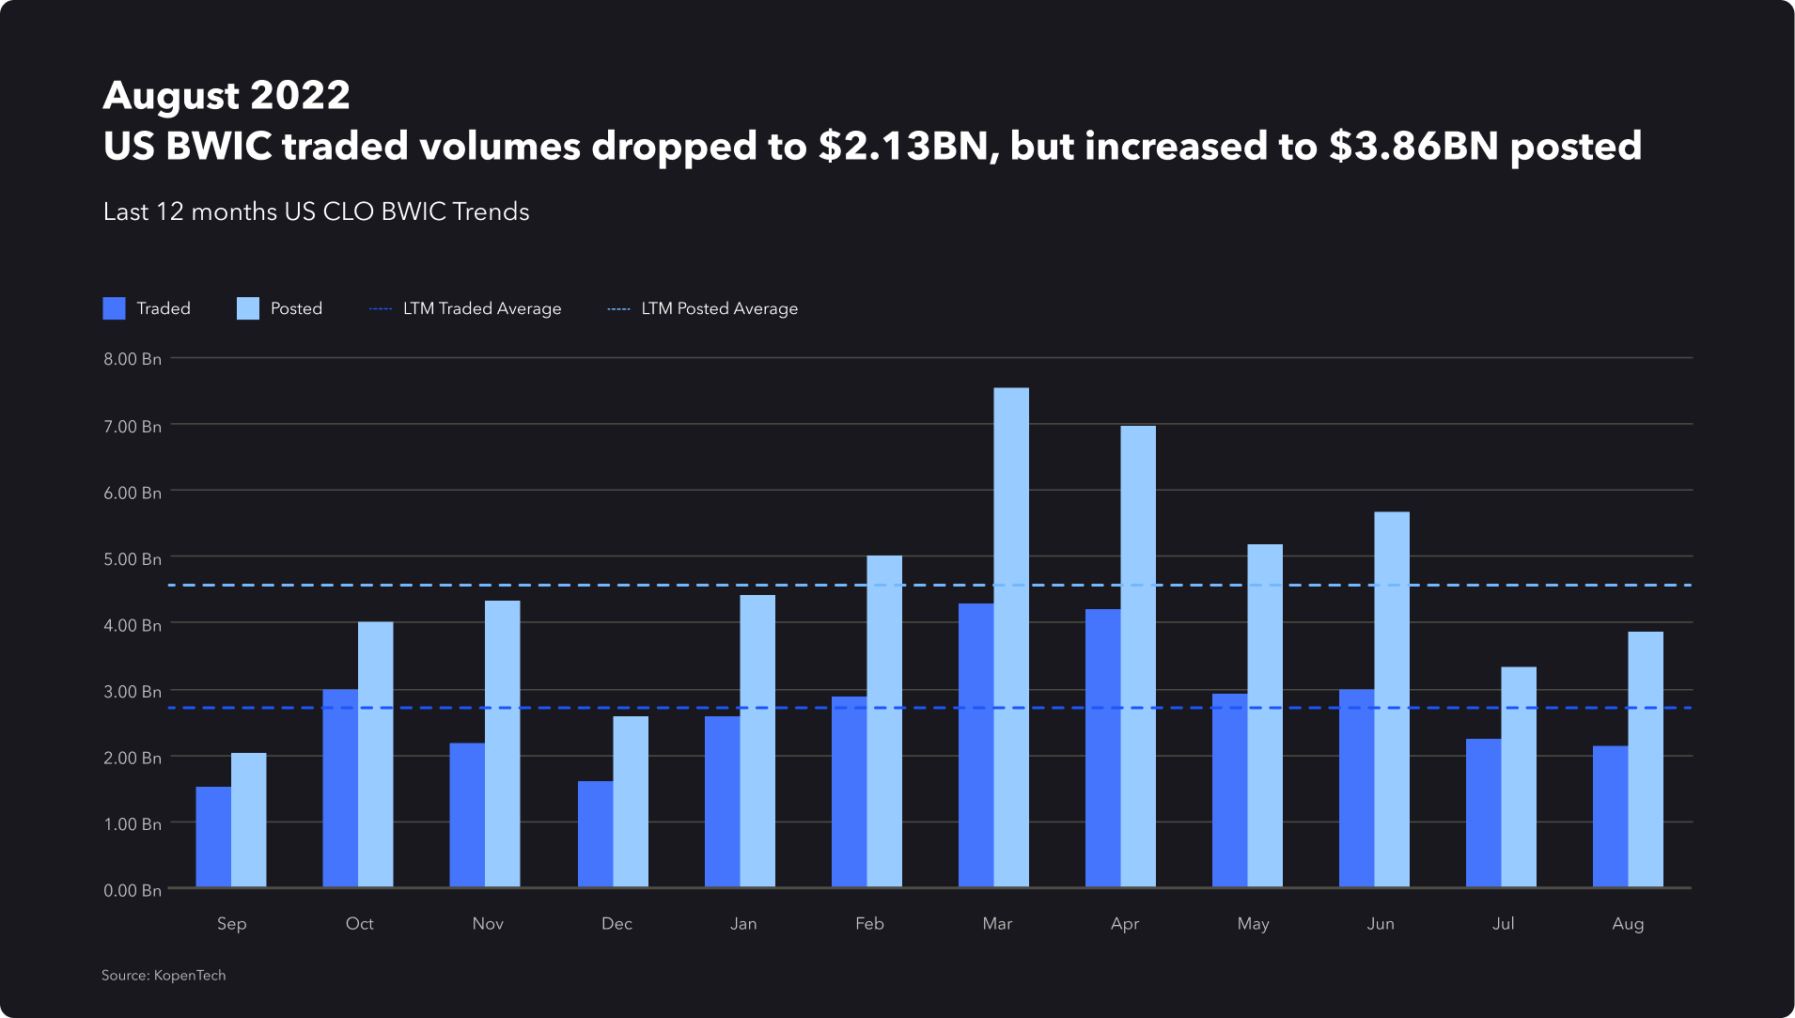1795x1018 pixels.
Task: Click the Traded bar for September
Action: pyautogui.click(x=213, y=837)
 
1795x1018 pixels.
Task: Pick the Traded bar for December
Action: pyautogui.click(x=595, y=834)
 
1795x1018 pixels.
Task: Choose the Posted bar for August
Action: pyautogui.click(x=1646, y=760)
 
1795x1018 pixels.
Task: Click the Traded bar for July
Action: pyautogui.click(x=1483, y=813)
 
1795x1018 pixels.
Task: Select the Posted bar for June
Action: pyautogui.click(x=1392, y=699)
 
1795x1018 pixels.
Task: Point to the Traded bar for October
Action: pyautogui.click(x=340, y=788)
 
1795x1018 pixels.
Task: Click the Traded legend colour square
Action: pyautogui.click(x=114, y=308)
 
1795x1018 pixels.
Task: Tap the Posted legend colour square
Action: pyautogui.click(x=248, y=308)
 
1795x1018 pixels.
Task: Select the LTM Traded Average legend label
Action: pyautogui.click(x=482, y=308)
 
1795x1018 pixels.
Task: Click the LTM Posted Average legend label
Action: pyautogui.click(x=719, y=308)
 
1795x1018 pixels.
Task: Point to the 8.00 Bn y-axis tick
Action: pyautogui.click(x=133, y=359)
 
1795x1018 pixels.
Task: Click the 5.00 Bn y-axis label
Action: pyautogui.click(x=133, y=558)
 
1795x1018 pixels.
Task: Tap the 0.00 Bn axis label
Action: pyautogui.click(x=133, y=890)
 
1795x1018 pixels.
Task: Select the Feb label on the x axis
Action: pyautogui.click(x=869, y=923)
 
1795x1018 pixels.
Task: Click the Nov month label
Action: pyautogui.click(x=488, y=923)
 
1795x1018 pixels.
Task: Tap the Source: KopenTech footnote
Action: pyautogui.click(x=164, y=975)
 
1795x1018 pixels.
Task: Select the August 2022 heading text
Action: pyautogui.click(x=226, y=95)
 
